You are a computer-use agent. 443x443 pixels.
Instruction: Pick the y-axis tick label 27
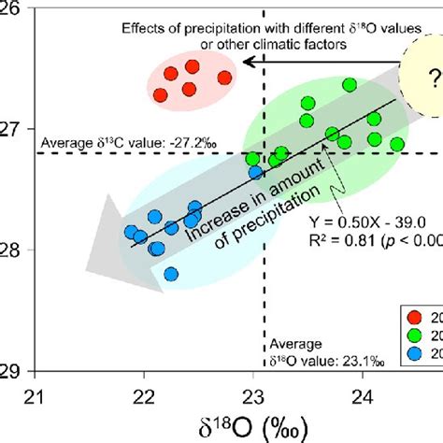tap(12, 130)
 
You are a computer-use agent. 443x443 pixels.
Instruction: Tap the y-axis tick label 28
tap(12, 250)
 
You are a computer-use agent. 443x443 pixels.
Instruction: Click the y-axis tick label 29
tap(12, 369)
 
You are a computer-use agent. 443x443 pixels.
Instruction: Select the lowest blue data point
tap(171, 274)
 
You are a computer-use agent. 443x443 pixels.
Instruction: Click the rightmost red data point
tap(224, 78)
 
